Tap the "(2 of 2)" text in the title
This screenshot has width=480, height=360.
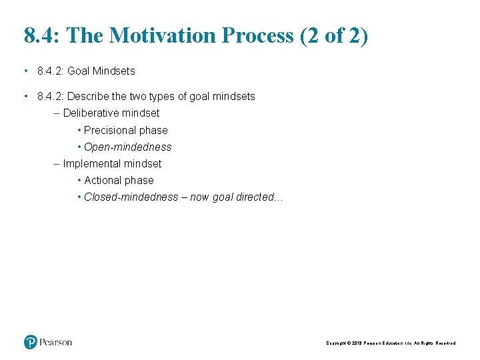[333, 35]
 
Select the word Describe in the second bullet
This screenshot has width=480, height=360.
[90, 97]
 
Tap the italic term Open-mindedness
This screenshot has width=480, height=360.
[127, 147]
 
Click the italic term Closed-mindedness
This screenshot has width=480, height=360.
[131, 197]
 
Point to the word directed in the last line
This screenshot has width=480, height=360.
[255, 197]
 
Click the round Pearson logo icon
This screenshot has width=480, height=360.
[31, 342]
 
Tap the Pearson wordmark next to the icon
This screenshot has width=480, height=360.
[55, 342]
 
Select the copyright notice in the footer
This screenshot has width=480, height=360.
[391, 343]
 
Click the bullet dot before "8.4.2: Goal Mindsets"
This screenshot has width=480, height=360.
[25, 71]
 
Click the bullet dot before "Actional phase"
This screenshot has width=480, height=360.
[79, 180]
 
